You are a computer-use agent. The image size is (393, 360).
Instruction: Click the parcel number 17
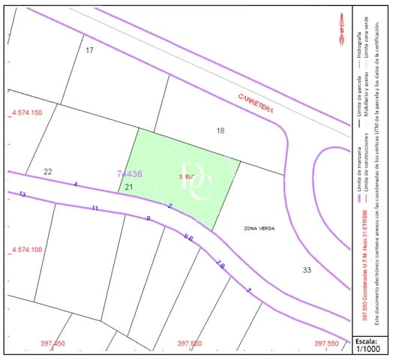coord(89,50)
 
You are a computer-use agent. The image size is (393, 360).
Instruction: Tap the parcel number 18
coord(220,130)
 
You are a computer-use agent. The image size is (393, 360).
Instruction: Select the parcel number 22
coord(48,172)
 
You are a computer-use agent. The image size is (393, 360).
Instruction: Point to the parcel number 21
coord(129,187)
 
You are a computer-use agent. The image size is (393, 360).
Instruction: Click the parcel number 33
coord(307,270)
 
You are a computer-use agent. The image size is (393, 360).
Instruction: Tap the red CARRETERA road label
coord(256,103)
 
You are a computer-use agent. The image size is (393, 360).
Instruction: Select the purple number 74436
coord(130,174)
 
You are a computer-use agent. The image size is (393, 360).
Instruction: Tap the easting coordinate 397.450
coord(54,343)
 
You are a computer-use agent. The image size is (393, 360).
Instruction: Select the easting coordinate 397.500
coord(190,343)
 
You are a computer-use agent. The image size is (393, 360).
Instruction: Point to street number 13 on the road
coord(22,194)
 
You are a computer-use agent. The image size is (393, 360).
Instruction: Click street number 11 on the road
coord(94,208)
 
